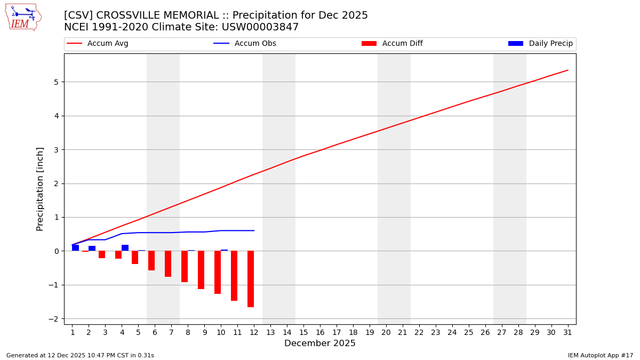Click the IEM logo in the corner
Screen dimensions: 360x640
tap(23, 17)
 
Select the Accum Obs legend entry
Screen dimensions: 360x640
tap(245, 44)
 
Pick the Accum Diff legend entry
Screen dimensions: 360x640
tap(392, 44)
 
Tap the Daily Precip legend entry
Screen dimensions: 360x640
tap(541, 44)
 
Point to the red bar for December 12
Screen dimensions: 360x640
tap(251, 279)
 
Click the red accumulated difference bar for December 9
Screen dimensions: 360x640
tap(201, 270)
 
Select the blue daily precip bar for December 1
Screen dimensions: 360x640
tap(76, 248)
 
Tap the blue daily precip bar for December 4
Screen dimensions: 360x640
tap(125, 248)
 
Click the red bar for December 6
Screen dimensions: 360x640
tap(151, 261)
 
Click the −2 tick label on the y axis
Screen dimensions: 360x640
tap(54, 319)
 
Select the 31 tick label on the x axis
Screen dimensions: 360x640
tap(568, 332)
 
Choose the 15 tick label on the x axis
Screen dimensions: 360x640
tap(303, 332)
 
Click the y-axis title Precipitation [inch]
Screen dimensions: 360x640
tap(40, 189)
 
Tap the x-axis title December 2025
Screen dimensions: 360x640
tap(320, 343)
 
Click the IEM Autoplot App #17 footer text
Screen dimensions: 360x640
tap(601, 355)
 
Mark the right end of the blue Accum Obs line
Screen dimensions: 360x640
tap(254, 230)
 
